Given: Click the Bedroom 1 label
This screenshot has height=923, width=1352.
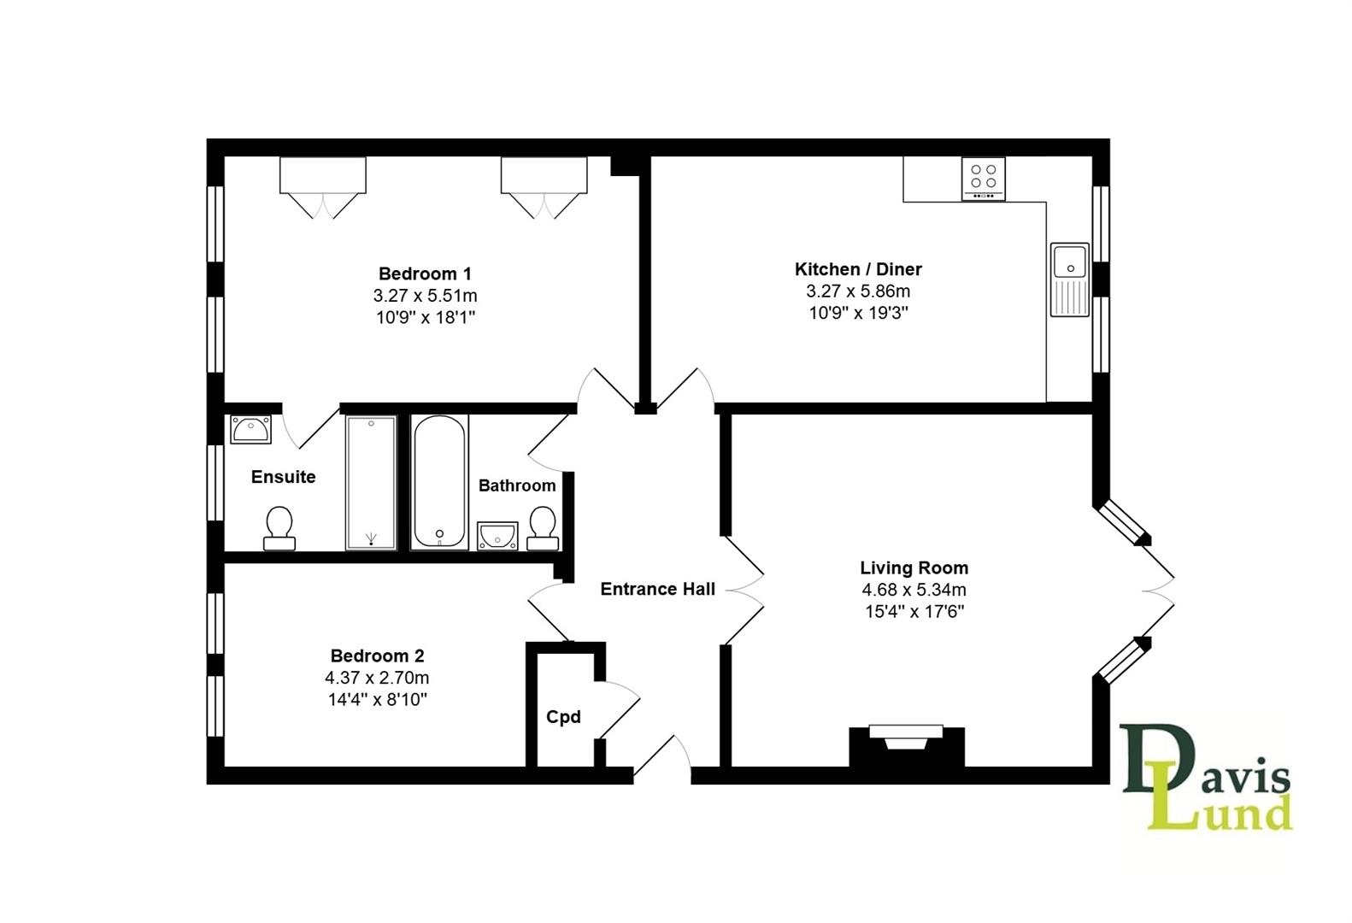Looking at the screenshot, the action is click(425, 273).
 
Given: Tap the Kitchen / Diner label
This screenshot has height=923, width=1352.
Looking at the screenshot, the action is click(858, 268).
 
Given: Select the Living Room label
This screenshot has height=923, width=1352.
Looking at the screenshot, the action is click(914, 567).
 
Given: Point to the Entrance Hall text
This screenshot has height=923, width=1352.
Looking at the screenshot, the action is click(657, 589).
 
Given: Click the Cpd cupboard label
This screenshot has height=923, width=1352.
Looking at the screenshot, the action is click(563, 716).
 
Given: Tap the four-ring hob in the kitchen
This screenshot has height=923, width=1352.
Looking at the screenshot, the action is click(983, 179).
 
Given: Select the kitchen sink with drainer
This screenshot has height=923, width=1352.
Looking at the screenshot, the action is click(1069, 279).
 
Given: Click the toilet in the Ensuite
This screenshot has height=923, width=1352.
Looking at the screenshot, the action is click(279, 528).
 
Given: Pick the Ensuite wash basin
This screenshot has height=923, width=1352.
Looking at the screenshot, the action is click(250, 429).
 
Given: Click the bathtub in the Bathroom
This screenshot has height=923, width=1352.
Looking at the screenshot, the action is click(439, 482).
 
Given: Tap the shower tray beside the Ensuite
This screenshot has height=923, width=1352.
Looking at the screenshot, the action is click(371, 483).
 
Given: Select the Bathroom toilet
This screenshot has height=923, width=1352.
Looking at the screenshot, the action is click(543, 528).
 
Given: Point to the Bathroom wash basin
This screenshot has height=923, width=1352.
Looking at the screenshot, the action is click(497, 536).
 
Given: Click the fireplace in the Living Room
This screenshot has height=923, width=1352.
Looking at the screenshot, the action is click(906, 745).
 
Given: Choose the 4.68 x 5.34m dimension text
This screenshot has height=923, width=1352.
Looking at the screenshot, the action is click(914, 589).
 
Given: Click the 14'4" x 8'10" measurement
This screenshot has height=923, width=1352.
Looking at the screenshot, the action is click(377, 700).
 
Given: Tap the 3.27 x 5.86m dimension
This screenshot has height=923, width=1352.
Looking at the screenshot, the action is click(858, 291).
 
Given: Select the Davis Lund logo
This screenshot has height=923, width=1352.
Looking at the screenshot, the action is click(1206, 776).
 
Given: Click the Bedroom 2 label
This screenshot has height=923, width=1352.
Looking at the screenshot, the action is click(377, 656).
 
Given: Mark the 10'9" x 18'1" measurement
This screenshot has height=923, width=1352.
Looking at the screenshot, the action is click(426, 318).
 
